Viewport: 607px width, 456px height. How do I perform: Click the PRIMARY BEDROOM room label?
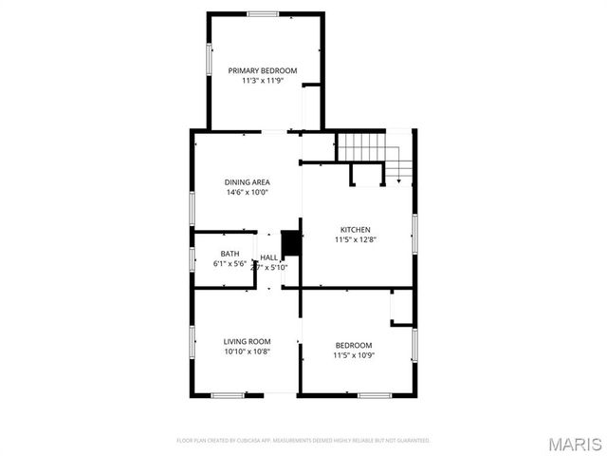(x=263, y=70)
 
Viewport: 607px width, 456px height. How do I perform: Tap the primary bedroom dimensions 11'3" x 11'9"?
(x=263, y=81)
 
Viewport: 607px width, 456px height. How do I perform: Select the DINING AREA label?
(x=248, y=181)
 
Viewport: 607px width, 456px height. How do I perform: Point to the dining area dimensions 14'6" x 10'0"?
(x=248, y=192)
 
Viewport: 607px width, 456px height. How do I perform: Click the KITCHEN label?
(x=356, y=229)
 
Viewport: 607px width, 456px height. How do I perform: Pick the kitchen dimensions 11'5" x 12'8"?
(x=356, y=239)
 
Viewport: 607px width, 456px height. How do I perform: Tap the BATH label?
(x=230, y=254)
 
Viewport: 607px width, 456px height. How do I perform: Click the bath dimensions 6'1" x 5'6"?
(x=230, y=264)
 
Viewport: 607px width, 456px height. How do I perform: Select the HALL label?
(x=269, y=257)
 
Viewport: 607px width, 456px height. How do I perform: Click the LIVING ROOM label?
(x=248, y=341)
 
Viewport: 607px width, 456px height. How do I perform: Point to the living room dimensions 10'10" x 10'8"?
(x=248, y=351)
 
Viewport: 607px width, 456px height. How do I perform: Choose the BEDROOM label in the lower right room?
(x=354, y=345)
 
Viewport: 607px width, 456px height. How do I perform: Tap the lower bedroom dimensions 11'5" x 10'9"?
(x=354, y=355)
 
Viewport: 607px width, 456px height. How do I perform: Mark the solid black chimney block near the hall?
(x=291, y=243)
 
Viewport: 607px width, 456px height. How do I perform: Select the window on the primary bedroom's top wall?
(x=263, y=13)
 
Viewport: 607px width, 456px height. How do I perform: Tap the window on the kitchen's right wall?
(x=414, y=234)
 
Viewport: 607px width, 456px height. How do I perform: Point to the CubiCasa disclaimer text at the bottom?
(x=303, y=441)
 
